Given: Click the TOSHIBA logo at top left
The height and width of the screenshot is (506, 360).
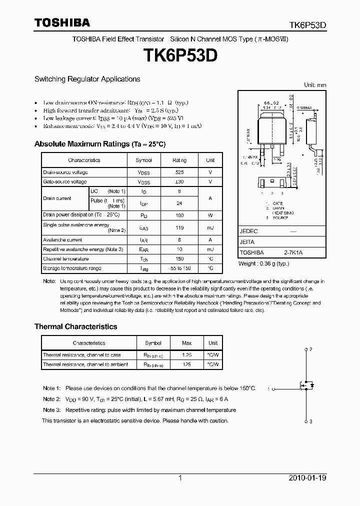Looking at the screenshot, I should (x=62, y=22).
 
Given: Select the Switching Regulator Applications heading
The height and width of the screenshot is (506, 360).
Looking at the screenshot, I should (x=87, y=79).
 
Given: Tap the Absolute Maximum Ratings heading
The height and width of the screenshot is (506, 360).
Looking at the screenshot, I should (x=99, y=144).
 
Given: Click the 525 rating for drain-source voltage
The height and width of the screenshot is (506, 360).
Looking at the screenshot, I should (x=179, y=172).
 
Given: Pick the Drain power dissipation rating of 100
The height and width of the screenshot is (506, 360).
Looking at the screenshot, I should (x=179, y=215).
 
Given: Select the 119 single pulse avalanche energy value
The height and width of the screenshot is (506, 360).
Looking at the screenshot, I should (x=179, y=228).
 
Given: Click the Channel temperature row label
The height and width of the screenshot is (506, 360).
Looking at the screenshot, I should (x=65, y=259).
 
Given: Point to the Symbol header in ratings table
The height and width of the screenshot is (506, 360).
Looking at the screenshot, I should (x=144, y=160).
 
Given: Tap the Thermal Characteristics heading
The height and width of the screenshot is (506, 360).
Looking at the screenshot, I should (x=75, y=326).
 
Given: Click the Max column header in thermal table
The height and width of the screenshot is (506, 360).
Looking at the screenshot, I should (x=186, y=343).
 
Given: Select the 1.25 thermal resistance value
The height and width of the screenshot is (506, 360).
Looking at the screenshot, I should (x=186, y=355).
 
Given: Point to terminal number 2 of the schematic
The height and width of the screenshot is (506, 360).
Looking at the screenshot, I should (x=310, y=349).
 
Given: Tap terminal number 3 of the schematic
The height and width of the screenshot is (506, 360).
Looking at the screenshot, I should (x=310, y=421).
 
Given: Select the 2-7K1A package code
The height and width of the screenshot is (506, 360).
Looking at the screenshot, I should (x=293, y=253).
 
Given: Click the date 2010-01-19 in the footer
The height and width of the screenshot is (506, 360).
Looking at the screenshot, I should (x=307, y=478).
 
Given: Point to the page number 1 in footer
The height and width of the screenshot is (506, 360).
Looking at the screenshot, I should (x=180, y=478).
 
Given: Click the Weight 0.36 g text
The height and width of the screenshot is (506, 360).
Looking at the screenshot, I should (x=263, y=263).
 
